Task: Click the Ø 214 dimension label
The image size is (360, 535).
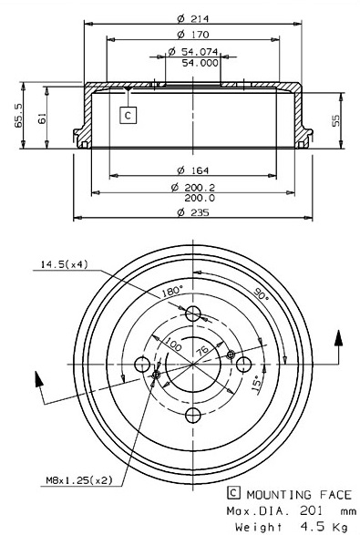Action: point(193,18)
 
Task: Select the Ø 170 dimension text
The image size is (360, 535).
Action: point(193,35)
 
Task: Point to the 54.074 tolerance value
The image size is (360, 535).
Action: point(200,52)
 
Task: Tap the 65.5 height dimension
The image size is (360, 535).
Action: point(18,116)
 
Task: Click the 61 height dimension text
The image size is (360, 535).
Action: point(42,119)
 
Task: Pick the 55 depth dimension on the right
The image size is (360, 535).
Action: point(336,120)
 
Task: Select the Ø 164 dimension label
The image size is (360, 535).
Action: point(193,170)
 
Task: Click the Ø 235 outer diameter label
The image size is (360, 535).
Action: point(193,212)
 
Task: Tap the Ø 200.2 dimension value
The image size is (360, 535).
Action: point(193,187)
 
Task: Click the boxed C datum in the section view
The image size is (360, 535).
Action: point(129,116)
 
